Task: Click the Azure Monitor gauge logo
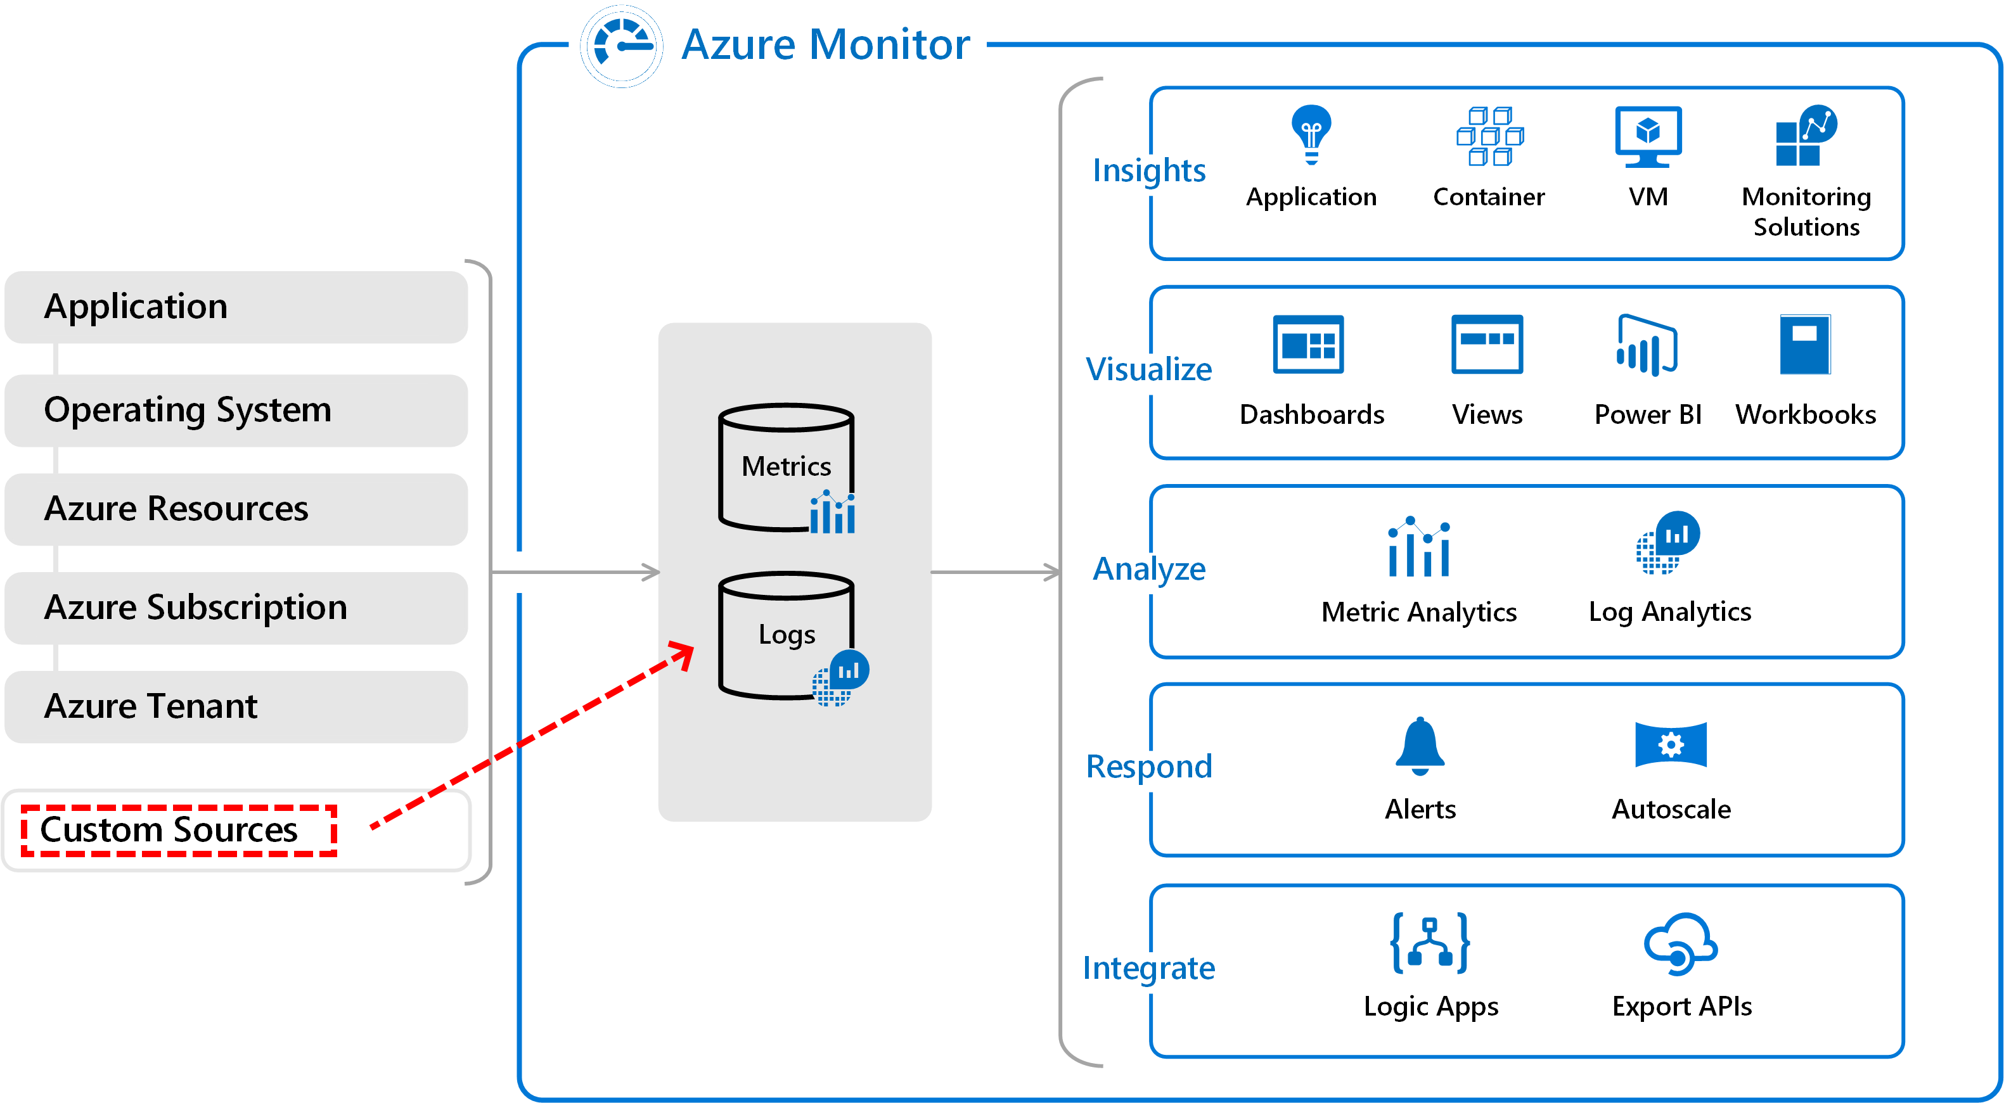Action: [622, 47]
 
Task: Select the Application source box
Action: [236, 307]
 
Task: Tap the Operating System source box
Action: [236, 411]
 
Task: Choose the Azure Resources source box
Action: [236, 509]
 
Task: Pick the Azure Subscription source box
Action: [236, 608]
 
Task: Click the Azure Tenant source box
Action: [236, 707]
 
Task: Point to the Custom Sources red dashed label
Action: [179, 831]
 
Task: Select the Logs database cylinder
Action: [787, 635]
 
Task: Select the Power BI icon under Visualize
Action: [1647, 345]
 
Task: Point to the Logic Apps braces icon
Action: [1430, 943]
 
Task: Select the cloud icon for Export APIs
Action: [1680, 943]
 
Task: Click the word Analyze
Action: [1149, 570]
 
